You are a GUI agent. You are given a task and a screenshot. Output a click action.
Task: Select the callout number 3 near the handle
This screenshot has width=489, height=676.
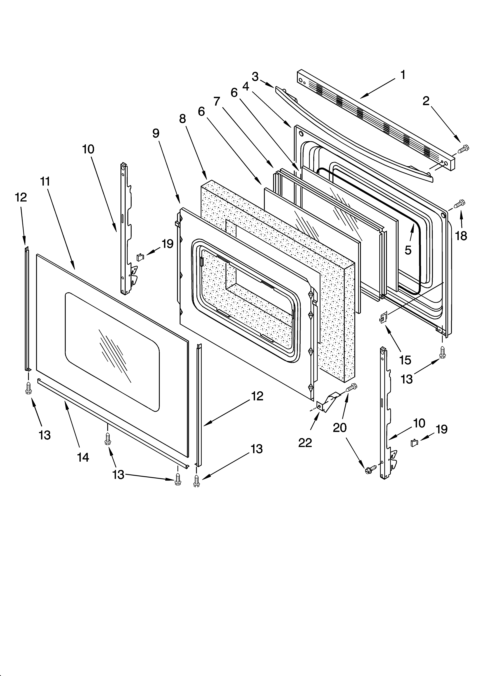(255, 77)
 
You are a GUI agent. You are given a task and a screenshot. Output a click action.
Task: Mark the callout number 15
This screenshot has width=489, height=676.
(405, 360)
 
